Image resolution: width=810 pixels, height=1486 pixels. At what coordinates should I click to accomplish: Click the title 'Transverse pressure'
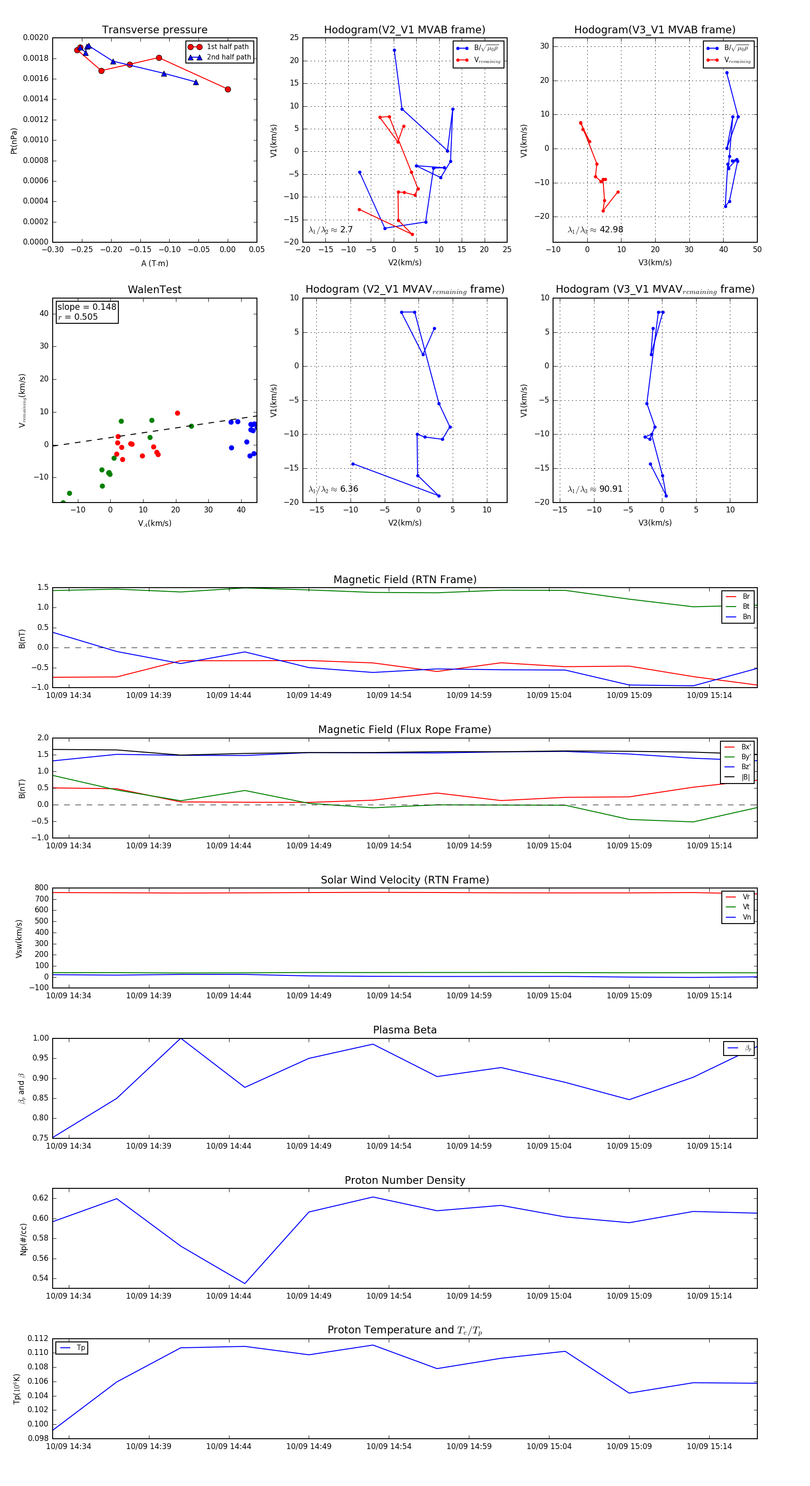point(154,30)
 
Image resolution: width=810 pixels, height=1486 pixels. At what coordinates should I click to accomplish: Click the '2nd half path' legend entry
point(228,57)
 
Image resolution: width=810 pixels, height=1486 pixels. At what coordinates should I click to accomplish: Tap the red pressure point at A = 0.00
point(228,90)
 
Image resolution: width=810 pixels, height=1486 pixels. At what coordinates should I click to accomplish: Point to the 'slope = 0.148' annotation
point(86,307)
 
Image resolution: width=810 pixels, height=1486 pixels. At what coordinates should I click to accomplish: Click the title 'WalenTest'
point(154,290)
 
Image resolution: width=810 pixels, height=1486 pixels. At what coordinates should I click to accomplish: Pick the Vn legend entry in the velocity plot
point(746,917)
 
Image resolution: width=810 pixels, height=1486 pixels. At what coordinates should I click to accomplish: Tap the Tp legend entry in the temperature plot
point(81,1348)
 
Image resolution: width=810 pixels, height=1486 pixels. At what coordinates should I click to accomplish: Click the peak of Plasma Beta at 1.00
point(181,1038)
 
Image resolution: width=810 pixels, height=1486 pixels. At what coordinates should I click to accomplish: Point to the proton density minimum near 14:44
point(245,1283)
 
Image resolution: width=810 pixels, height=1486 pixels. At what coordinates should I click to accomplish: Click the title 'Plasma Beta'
point(405,1030)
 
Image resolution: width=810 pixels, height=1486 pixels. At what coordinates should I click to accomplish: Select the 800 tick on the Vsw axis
point(41,888)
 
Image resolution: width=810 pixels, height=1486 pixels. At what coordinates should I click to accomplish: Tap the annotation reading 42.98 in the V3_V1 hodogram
point(611,230)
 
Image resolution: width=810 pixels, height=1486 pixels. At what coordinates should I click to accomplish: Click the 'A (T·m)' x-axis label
point(154,263)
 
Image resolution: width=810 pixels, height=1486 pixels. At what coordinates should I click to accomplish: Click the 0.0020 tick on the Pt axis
point(36,38)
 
